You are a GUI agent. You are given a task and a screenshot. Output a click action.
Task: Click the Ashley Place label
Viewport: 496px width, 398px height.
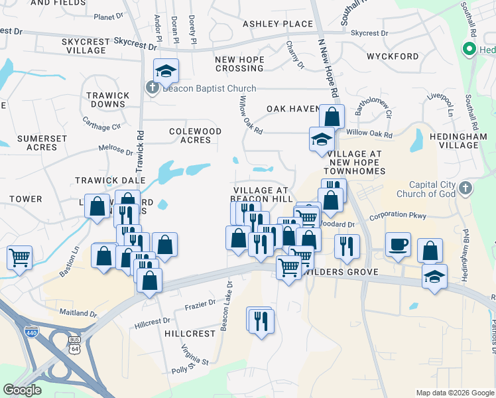(x=278, y=24)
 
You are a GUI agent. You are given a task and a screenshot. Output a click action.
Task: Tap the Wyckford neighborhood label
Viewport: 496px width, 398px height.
(x=393, y=57)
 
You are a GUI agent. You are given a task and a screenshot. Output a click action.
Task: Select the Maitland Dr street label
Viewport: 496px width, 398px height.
(x=78, y=312)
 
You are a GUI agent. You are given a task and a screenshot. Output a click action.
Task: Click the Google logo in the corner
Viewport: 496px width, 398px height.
(x=22, y=390)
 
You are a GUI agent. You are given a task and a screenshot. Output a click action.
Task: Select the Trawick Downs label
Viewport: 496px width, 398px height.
(x=107, y=99)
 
